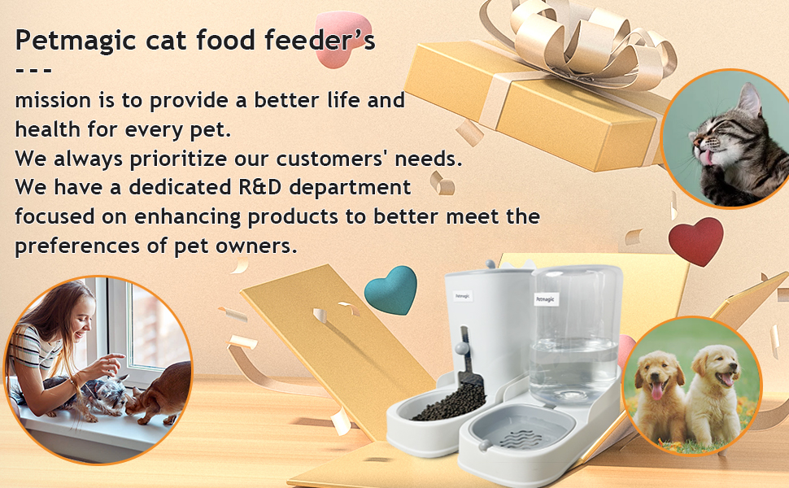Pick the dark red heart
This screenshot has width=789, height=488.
pyautogui.click(x=695, y=241)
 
